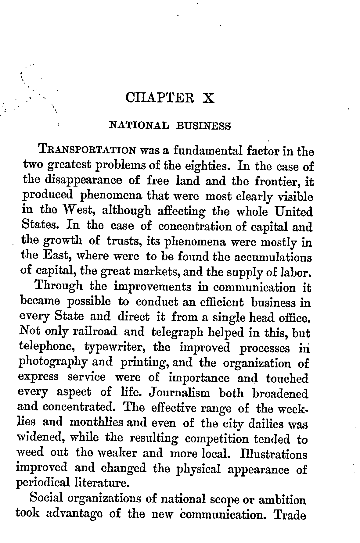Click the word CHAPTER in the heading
tap(159, 98)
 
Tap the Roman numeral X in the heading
tap(208, 98)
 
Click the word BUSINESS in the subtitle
tap(203, 126)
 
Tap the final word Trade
tap(290, 514)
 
